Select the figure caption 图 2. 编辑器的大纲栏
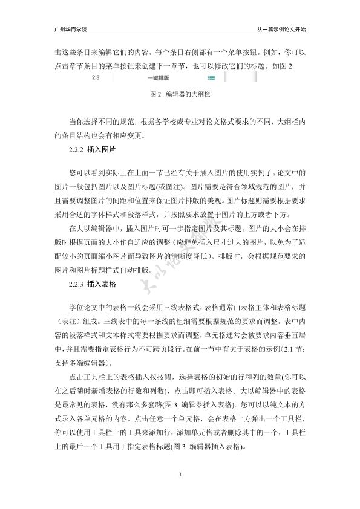click(179, 95)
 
